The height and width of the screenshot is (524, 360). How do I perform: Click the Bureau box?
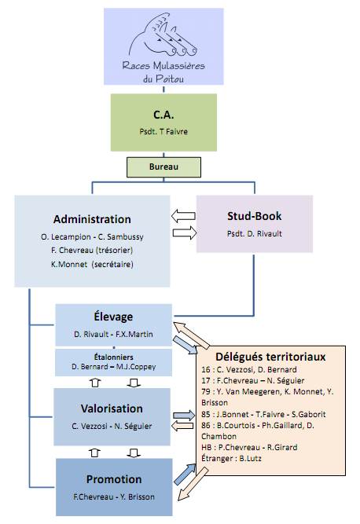point(163,167)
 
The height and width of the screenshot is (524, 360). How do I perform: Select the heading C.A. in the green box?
point(163,115)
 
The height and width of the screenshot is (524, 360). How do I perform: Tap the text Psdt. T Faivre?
point(163,131)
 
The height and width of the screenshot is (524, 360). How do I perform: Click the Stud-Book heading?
point(255,216)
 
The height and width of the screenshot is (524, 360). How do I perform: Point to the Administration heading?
point(92,219)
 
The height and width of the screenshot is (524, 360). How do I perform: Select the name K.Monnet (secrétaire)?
point(92,264)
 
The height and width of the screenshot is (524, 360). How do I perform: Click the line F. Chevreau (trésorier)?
point(92,250)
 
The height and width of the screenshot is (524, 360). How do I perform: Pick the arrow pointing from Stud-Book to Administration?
point(183,216)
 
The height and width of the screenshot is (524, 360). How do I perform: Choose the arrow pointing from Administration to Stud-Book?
point(185,233)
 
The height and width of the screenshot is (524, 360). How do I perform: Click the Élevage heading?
point(113,316)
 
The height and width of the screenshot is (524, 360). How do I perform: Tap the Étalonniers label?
point(114,357)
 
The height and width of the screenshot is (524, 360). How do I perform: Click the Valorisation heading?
point(112,409)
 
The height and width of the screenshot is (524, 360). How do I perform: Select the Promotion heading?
point(114,479)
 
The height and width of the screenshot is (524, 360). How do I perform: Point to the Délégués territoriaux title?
point(270,357)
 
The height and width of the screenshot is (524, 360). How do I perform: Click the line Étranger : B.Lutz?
point(231,458)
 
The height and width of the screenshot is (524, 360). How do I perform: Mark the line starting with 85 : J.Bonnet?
point(263,414)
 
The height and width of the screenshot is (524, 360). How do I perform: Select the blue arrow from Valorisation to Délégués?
point(184,415)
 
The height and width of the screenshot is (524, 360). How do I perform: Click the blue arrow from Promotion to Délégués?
point(186,474)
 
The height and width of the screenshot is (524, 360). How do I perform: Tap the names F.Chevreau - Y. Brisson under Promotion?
point(114,497)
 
